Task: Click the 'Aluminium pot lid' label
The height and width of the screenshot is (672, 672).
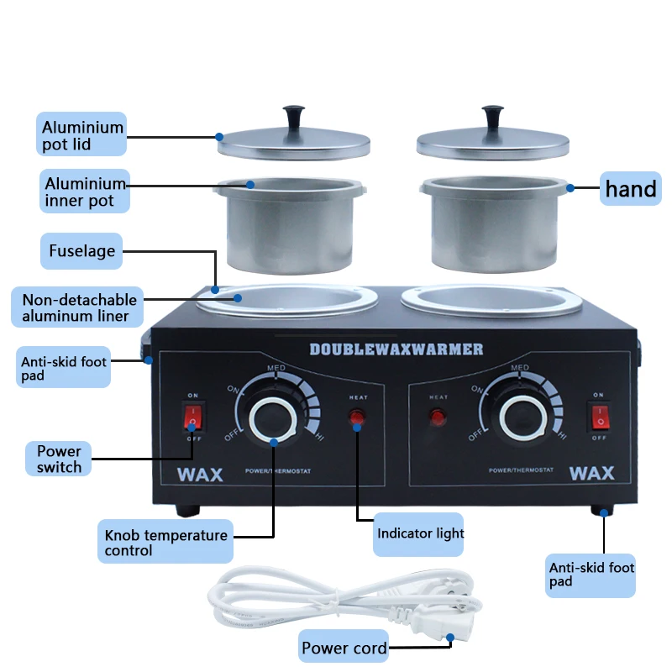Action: (83, 136)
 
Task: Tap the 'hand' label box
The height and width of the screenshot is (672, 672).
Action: (631, 189)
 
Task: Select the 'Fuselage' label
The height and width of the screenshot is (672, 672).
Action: (81, 250)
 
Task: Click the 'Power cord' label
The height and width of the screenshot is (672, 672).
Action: (344, 648)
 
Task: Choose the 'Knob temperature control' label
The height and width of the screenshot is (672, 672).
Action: (165, 543)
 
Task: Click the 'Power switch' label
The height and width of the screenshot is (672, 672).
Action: (59, 459)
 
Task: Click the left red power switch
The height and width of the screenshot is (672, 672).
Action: (193, 416)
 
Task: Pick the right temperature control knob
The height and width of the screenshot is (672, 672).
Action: (519, 417)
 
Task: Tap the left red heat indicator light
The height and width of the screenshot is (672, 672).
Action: (357, 417)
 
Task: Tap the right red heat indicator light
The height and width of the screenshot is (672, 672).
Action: (438, 417)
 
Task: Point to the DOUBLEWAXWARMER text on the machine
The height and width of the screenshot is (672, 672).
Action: (396, 348)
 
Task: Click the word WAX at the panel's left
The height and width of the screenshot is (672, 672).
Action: (200, 474)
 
